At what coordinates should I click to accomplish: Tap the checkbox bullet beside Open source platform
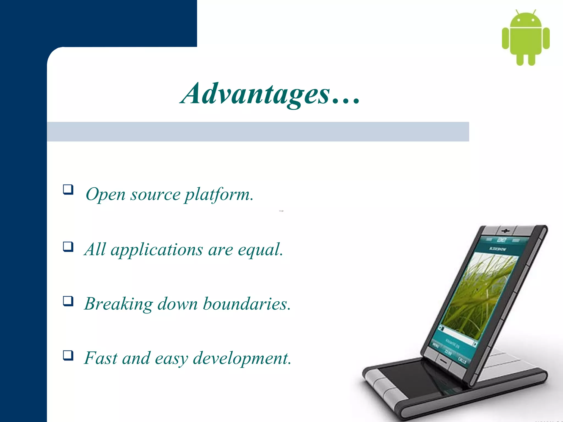click(68, 190)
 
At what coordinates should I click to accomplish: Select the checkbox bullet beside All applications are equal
click(68, 247)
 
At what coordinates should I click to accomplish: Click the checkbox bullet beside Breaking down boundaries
click(68, 301)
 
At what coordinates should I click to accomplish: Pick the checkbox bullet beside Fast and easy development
click(68, 355)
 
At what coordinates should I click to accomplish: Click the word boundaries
click(246, 304)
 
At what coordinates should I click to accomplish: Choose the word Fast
click(101, 358)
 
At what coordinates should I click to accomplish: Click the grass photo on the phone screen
click(484, 294)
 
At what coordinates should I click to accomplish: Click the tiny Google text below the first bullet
click(281, 211)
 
